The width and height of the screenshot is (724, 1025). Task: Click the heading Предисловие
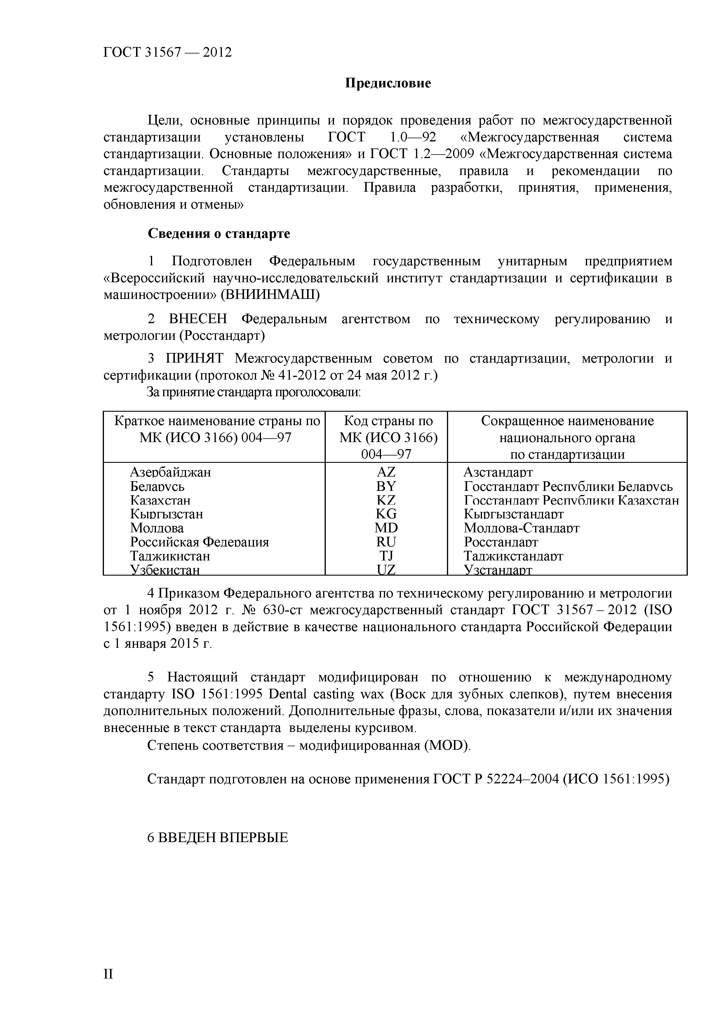pyautogui.click(x=388, y=84)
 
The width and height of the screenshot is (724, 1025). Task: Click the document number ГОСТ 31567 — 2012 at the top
pyautogui.click(x=168, y=53)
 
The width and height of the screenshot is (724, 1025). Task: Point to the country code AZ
pyautogui.click(x=386, y=472)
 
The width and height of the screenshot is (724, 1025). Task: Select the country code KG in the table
pyautogui.click(x=386, y=514)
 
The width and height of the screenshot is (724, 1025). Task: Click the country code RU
pyautogui.click(x=386, y=542)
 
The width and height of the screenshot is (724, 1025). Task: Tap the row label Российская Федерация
pyautogui.click(x=199, y=542)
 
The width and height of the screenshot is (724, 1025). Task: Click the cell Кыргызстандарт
pyautogui.click(x=514, y=514)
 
